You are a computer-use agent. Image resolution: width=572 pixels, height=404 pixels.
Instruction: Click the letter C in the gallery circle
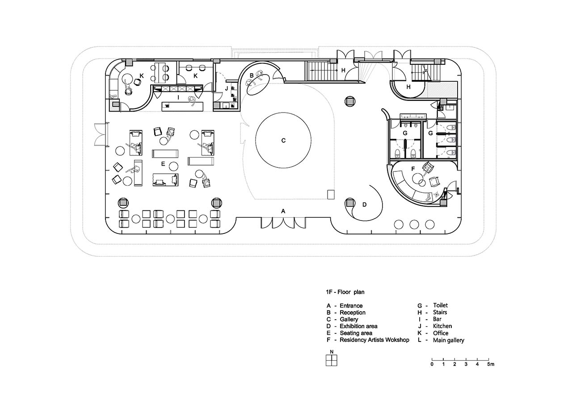[x=283, y=141]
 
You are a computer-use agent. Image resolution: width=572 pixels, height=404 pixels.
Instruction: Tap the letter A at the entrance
[x=283, y=211]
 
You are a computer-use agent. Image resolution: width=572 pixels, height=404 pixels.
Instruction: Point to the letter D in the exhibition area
[x=364, y=204]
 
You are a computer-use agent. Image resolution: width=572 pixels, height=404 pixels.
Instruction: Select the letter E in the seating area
[x=163, y=164]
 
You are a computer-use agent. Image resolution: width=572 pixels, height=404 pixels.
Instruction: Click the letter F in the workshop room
[x=413, y=169]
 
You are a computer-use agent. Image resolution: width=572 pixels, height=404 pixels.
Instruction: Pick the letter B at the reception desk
[x=252, y=75]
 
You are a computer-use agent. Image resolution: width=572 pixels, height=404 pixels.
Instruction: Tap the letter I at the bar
[x=178, y=97]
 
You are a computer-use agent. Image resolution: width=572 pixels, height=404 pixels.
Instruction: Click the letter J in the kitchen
[x=226, y=89]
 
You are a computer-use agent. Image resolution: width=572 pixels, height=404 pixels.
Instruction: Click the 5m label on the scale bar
[x=491, y=364]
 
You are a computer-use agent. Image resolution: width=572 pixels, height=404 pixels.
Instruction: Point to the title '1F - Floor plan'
[x=345, y=292]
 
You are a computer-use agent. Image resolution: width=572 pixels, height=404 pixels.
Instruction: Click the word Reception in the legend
[x=353, y=312]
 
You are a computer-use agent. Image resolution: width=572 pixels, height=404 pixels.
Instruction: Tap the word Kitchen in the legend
[x=442, y=326]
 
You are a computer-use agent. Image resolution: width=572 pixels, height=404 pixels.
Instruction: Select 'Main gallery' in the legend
[x=448, y=340]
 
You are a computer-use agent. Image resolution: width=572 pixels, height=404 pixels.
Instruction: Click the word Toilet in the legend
[x=441, y=305]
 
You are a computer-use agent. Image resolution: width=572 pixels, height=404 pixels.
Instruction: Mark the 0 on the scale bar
[x=432, y=364]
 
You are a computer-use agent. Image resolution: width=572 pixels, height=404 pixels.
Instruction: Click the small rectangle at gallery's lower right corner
[x=331, y=194]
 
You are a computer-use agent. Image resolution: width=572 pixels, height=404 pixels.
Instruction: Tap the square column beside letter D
[x=349, y=203]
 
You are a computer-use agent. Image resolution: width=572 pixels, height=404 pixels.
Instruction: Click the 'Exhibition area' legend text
[x=358, y=326]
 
